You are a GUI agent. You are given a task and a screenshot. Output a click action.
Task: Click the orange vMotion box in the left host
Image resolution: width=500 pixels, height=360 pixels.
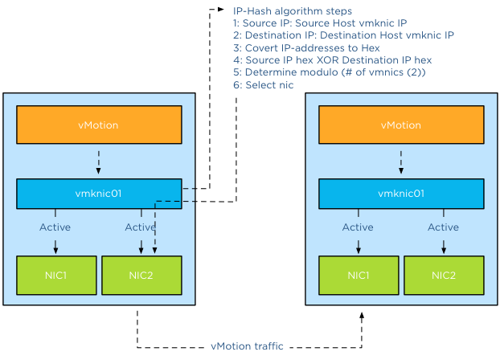click(99, 125)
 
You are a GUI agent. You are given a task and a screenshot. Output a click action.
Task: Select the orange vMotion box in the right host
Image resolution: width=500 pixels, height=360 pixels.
click(401, 125)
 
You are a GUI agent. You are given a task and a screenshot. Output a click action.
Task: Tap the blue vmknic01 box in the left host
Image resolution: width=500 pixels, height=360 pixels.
click(99, 194)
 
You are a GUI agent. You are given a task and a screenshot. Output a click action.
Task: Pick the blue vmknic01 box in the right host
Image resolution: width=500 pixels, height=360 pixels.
click(401, 194)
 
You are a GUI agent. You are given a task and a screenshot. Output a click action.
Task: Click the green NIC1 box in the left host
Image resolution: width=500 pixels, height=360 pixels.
click(56, 276)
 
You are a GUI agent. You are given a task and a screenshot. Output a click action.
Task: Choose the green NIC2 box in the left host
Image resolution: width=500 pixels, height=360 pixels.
click(141, 276)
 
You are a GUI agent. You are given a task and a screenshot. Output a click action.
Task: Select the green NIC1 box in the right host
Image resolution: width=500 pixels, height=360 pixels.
click(359, 276)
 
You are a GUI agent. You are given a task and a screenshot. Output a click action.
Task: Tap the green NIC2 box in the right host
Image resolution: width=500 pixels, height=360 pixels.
click(443, 276)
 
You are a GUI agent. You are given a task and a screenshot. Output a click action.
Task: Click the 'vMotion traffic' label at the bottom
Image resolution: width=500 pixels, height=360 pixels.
click(247, 346)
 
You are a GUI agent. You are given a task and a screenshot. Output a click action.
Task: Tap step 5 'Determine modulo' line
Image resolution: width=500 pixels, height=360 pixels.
click(328, 72)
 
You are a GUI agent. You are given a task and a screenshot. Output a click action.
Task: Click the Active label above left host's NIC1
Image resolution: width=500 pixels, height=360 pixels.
click(55, 227)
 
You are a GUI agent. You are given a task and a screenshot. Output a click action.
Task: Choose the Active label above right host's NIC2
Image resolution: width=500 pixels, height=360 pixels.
click(443, 227)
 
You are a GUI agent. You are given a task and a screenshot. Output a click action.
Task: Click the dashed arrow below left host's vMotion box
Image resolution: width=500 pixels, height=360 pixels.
click(99, 162)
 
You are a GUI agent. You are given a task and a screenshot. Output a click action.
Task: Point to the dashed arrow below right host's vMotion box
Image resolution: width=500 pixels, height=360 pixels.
click(401, 162)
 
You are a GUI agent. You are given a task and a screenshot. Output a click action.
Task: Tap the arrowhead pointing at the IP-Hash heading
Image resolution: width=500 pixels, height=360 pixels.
click(223, 10)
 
